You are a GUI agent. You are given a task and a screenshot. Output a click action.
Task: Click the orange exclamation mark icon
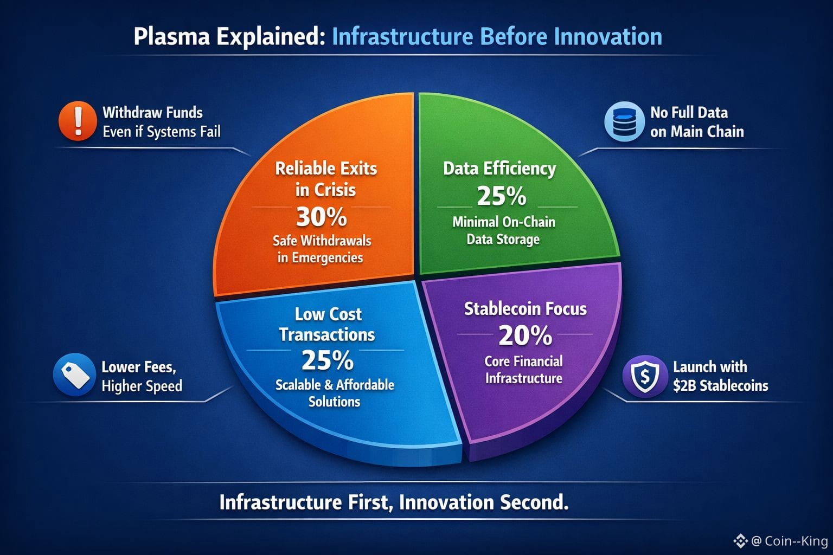(x=78, y=121)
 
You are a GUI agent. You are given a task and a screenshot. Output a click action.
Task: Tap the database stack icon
(x=624, y=121)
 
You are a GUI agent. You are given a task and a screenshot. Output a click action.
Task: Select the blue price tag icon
(x=75, y=375)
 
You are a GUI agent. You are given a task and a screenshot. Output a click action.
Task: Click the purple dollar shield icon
(x=645, y=377)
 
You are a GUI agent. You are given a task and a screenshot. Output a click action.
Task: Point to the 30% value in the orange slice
(x=322, y=217)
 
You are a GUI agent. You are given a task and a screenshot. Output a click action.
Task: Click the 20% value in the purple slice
(x=525, y=335)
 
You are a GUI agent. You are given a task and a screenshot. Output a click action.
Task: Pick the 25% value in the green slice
(x=502, y=196)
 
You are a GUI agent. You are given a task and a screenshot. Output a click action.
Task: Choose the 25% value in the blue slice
(x=327, y=360)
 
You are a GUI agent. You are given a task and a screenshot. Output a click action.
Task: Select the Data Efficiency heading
(x=499, y=169)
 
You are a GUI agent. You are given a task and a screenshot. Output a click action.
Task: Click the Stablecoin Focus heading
(x=526, y=309)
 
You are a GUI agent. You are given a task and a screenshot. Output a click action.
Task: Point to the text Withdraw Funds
(x=152, y=112)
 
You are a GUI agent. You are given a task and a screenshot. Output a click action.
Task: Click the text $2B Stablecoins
(x=721, y=385)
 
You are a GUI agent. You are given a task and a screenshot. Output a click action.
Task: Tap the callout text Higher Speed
(x=142, y=386)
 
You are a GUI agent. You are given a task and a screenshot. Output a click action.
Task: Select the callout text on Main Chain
(x=697, y=132)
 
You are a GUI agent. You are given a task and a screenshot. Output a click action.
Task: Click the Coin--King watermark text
(x=796, y=541)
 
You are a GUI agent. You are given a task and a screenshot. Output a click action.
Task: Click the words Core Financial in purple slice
(x=523, y=362)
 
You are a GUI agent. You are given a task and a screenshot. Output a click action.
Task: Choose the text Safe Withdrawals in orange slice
(x=322, y=241)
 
